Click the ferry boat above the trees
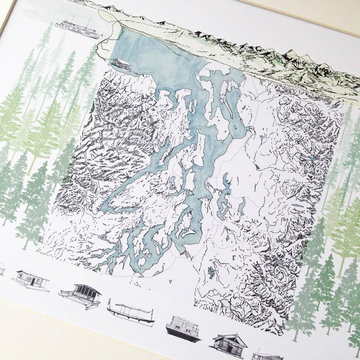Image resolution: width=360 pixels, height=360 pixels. pyautogui.click(x=78, y=28)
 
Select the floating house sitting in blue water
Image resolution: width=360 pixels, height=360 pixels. pyautogui.click(x=121, y=64)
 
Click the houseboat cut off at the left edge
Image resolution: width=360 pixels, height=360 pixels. pyautogui.click(x=2, y=269)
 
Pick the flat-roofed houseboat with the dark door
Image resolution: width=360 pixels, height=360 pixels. pyautogui.click(x=30, y=279)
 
